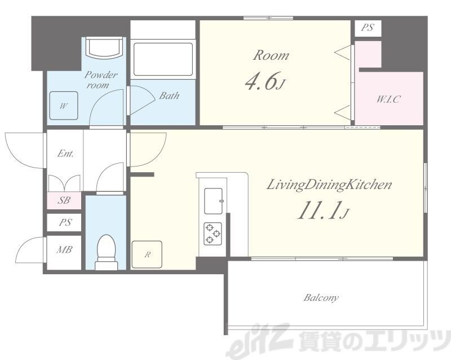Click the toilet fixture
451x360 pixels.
pos(106,252)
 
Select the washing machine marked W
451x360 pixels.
pos(64,106)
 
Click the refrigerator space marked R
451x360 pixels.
pos(147,254)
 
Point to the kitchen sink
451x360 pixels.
pos(214,201)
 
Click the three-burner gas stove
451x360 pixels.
pos(213,234)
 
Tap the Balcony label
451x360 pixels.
pos(321,297)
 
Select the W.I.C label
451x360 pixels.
pos(388,99)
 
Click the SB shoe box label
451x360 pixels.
pos(64,200)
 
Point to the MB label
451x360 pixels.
pos(64,249)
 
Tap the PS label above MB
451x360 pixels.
pos(65,222)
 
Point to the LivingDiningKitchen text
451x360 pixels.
pos(329,185)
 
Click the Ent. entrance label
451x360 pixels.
pos(65,153)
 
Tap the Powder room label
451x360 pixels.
pos(101,80)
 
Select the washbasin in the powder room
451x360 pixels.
pos(104,47)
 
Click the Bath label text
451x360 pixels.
pos(170,95)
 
